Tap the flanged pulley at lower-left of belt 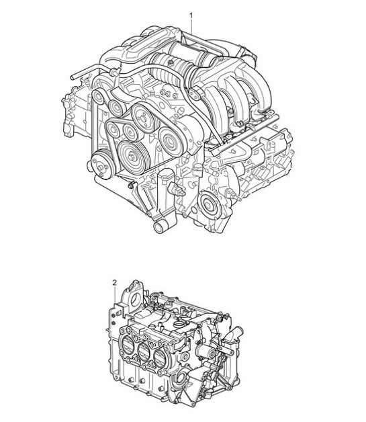(99, 163)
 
